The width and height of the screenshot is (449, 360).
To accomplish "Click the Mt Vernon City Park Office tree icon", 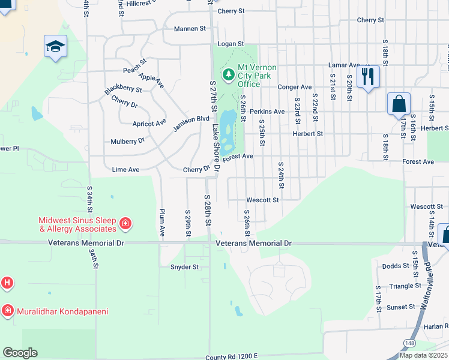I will (228, 74).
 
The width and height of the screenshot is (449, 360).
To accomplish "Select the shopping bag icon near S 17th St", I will (399, 104).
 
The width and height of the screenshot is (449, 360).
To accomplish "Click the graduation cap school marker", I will (55, 46).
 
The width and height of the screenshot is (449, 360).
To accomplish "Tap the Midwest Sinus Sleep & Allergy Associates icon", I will (125, 224).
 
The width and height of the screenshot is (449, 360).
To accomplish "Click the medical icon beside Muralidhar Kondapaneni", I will (7, 311).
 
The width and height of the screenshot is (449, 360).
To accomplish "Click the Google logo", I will (20, 352).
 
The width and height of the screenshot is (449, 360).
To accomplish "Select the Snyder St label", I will (184, 267).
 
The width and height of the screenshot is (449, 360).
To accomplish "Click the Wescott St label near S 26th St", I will (262, 200).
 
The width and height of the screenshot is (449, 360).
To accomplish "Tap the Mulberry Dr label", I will (128, 141).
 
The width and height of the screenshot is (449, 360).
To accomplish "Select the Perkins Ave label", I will (267, 112).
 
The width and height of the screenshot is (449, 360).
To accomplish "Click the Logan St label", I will (231, 44).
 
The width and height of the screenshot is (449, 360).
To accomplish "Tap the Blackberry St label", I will (123, 89).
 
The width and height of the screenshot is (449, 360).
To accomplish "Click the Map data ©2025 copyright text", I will (423, 355).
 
